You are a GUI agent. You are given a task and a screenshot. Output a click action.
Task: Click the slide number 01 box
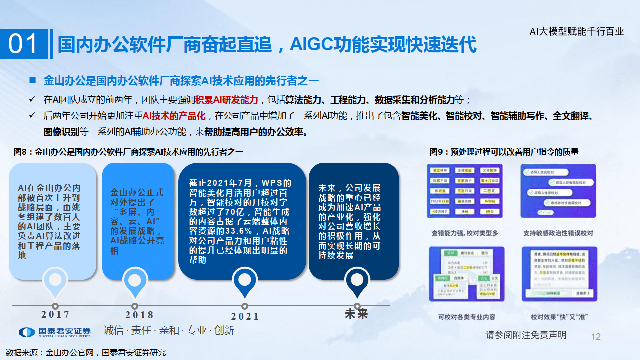tap(24, 44)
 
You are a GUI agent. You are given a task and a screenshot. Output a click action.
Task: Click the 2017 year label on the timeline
tap(56, 315)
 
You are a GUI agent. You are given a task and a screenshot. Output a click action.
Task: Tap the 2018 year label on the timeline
tap(139, 315)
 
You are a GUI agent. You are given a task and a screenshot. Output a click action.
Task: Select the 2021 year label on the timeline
tap(245, 316)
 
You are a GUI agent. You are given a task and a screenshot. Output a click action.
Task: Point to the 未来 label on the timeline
tap(356, 314)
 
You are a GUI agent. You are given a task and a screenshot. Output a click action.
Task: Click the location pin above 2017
tap(55, 282)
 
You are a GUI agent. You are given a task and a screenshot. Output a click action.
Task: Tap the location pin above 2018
tap(134, 282)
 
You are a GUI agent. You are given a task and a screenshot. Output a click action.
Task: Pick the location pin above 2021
tap(244, 282)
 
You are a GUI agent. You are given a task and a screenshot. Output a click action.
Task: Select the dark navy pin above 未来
tap(357, 282)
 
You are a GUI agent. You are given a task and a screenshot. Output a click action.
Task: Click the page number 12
tap(596, 337)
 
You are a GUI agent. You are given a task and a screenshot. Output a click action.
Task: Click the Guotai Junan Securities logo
tap(55, 332)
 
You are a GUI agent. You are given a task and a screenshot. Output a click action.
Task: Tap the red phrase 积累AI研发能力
tap(227, 99)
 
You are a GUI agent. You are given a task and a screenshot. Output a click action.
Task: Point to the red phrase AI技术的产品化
tap(174, 116)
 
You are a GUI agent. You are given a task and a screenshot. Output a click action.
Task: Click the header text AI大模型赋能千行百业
tap(577, 32)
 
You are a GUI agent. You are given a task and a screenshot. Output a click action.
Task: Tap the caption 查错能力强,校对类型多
tap(465, 233)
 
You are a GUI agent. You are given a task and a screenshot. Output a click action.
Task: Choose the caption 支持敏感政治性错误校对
tap(558, 233)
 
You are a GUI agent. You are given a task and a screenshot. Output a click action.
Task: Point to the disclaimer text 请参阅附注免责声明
tap(526, 335)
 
